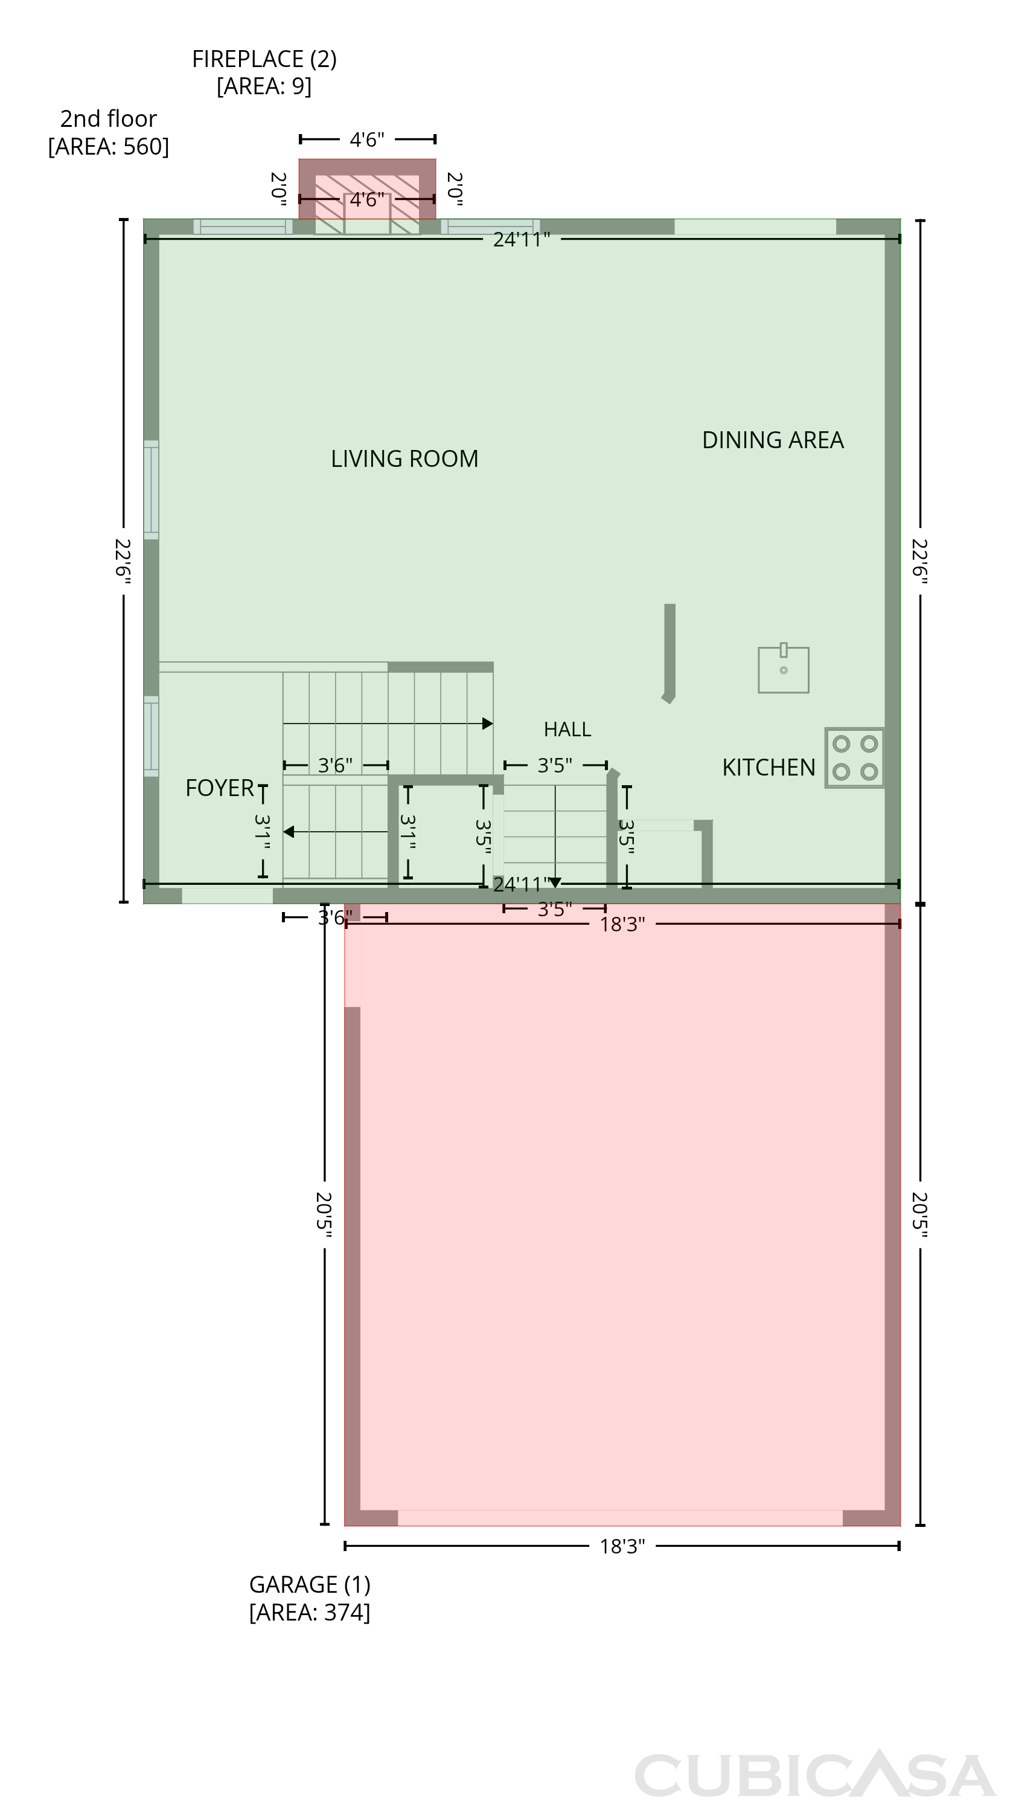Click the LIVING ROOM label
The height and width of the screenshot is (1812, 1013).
[404, 458]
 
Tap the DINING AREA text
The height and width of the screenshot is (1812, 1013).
[773, 440]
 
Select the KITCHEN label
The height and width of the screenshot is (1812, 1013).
[769, 768]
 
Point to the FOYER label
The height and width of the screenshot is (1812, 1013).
[219, 788]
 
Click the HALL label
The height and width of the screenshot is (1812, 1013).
[567, 730]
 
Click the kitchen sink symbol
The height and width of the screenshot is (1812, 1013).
[783, 668]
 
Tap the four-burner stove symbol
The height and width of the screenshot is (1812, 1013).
[854, 757]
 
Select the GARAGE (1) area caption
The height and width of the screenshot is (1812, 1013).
[309, 1598]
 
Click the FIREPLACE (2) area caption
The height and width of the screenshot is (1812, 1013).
[264, 72]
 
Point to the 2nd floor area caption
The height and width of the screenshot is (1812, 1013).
[108, 132]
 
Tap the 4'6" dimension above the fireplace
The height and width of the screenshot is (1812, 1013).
[367, 140]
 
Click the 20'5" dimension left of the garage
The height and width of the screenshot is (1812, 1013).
[324, 1214]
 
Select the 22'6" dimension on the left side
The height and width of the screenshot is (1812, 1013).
[123, 561]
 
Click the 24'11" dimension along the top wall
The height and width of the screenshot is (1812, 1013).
[522, 240]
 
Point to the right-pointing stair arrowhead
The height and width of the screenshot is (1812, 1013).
[487, 724]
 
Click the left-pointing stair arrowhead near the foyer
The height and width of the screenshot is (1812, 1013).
[288, 832]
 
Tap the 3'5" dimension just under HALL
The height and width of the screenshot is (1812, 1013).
[555, 765]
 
